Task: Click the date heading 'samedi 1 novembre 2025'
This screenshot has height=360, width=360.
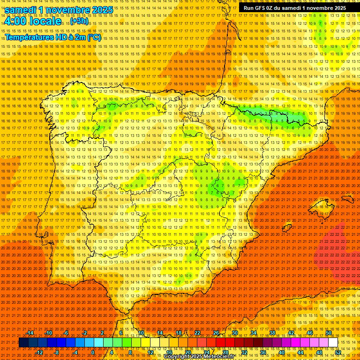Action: pyautogui.click(x=59, y=10)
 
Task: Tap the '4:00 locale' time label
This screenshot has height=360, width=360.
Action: pyautogui.click(x=33, y=22)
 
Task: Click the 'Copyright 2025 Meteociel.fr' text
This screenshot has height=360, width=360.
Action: pyautogui.click(x=205, y=357)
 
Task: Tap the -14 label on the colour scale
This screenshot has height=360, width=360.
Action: pyautogui.click(x=30, y=333)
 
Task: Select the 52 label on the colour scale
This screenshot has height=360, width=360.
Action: pyautogui.click(x=338, y=352)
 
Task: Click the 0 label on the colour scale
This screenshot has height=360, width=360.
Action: pyautogui.click(x=93, y=352)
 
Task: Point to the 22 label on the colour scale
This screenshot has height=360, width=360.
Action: pyautogui.click(x=197, y=333)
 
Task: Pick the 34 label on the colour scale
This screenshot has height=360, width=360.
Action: pyautogui.click(x=253, y=333)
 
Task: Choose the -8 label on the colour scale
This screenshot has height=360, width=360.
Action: pyautogui.click(x=56, y=352)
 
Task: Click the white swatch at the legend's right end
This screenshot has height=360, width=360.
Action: pyautogui.click(x=333, y=342)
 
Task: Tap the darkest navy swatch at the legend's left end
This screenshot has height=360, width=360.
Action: pyautogui.click(x=23, y=342)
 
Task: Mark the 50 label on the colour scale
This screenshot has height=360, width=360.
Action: pyautogui.click(x=329, y=333)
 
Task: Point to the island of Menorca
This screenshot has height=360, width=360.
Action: pyautogui.click(x=347, y=200)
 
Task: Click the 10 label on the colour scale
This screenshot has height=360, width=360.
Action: pyautogui.click(x=141, y=333)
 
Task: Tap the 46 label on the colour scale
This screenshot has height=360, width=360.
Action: pyautogui.click(x=309, y=333)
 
